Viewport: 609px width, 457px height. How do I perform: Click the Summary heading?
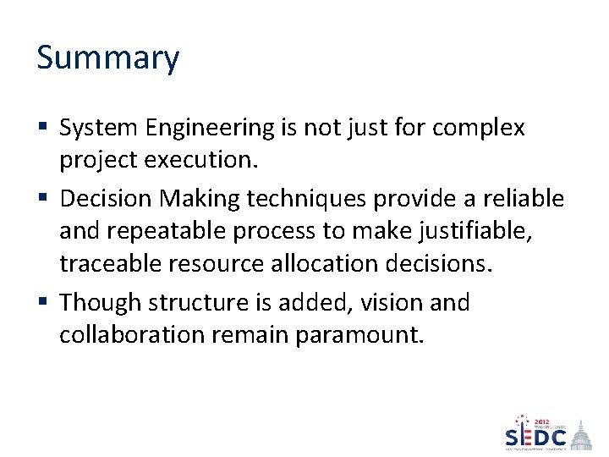[x=108, y=58]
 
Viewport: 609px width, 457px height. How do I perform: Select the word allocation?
[x=315, y=264]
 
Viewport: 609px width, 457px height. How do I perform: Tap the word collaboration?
[x=132, y=335]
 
